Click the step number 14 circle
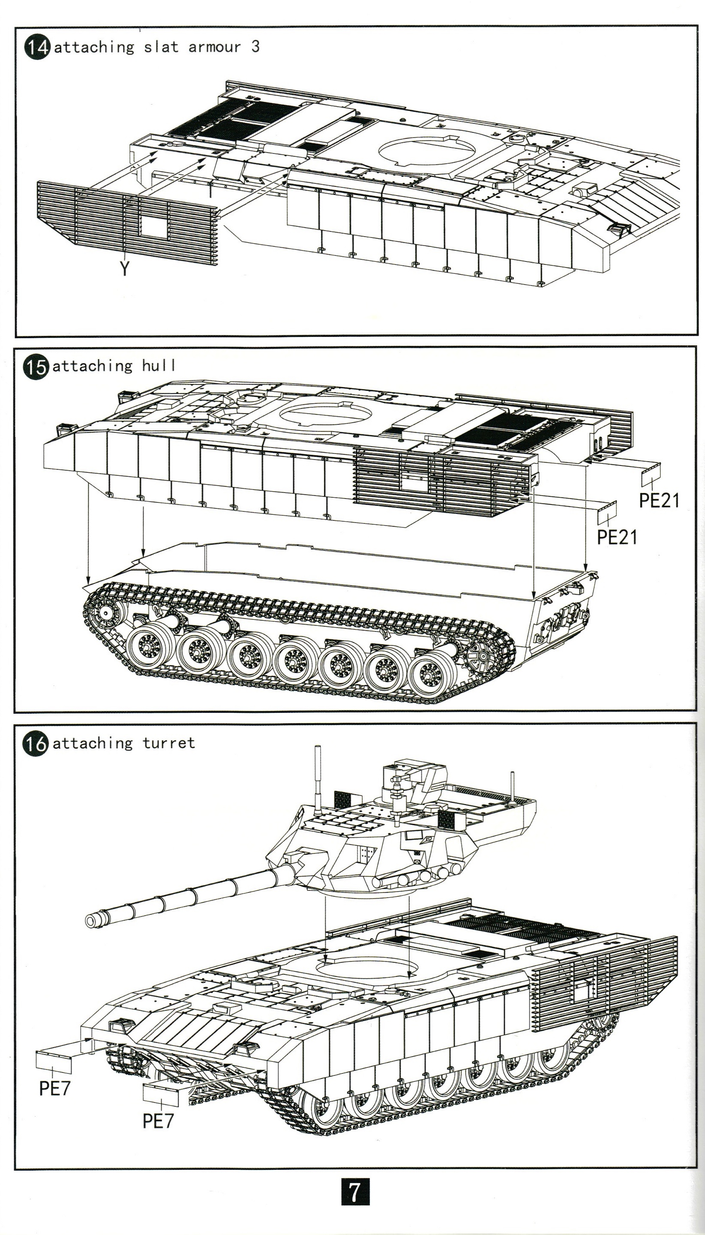pyautogui.click(x=37, y=48)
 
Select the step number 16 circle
pyautogui.click(x=35, y=743)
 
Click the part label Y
pyautogui.click(x=125, y=268)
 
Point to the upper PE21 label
pyautogui.click(x=659, y=500)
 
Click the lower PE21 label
pyautogui.click(x=616, y=537)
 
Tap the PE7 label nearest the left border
pyautogui.click(x=54, y=1088)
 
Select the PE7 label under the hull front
pyautogui.click(x=158, y=1120)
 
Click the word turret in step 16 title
pyautogui.click(x=169, y=743)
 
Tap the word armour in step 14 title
pyautogui.click(x=215, y=47)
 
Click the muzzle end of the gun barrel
pyautogui.click(x=91, y=920)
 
